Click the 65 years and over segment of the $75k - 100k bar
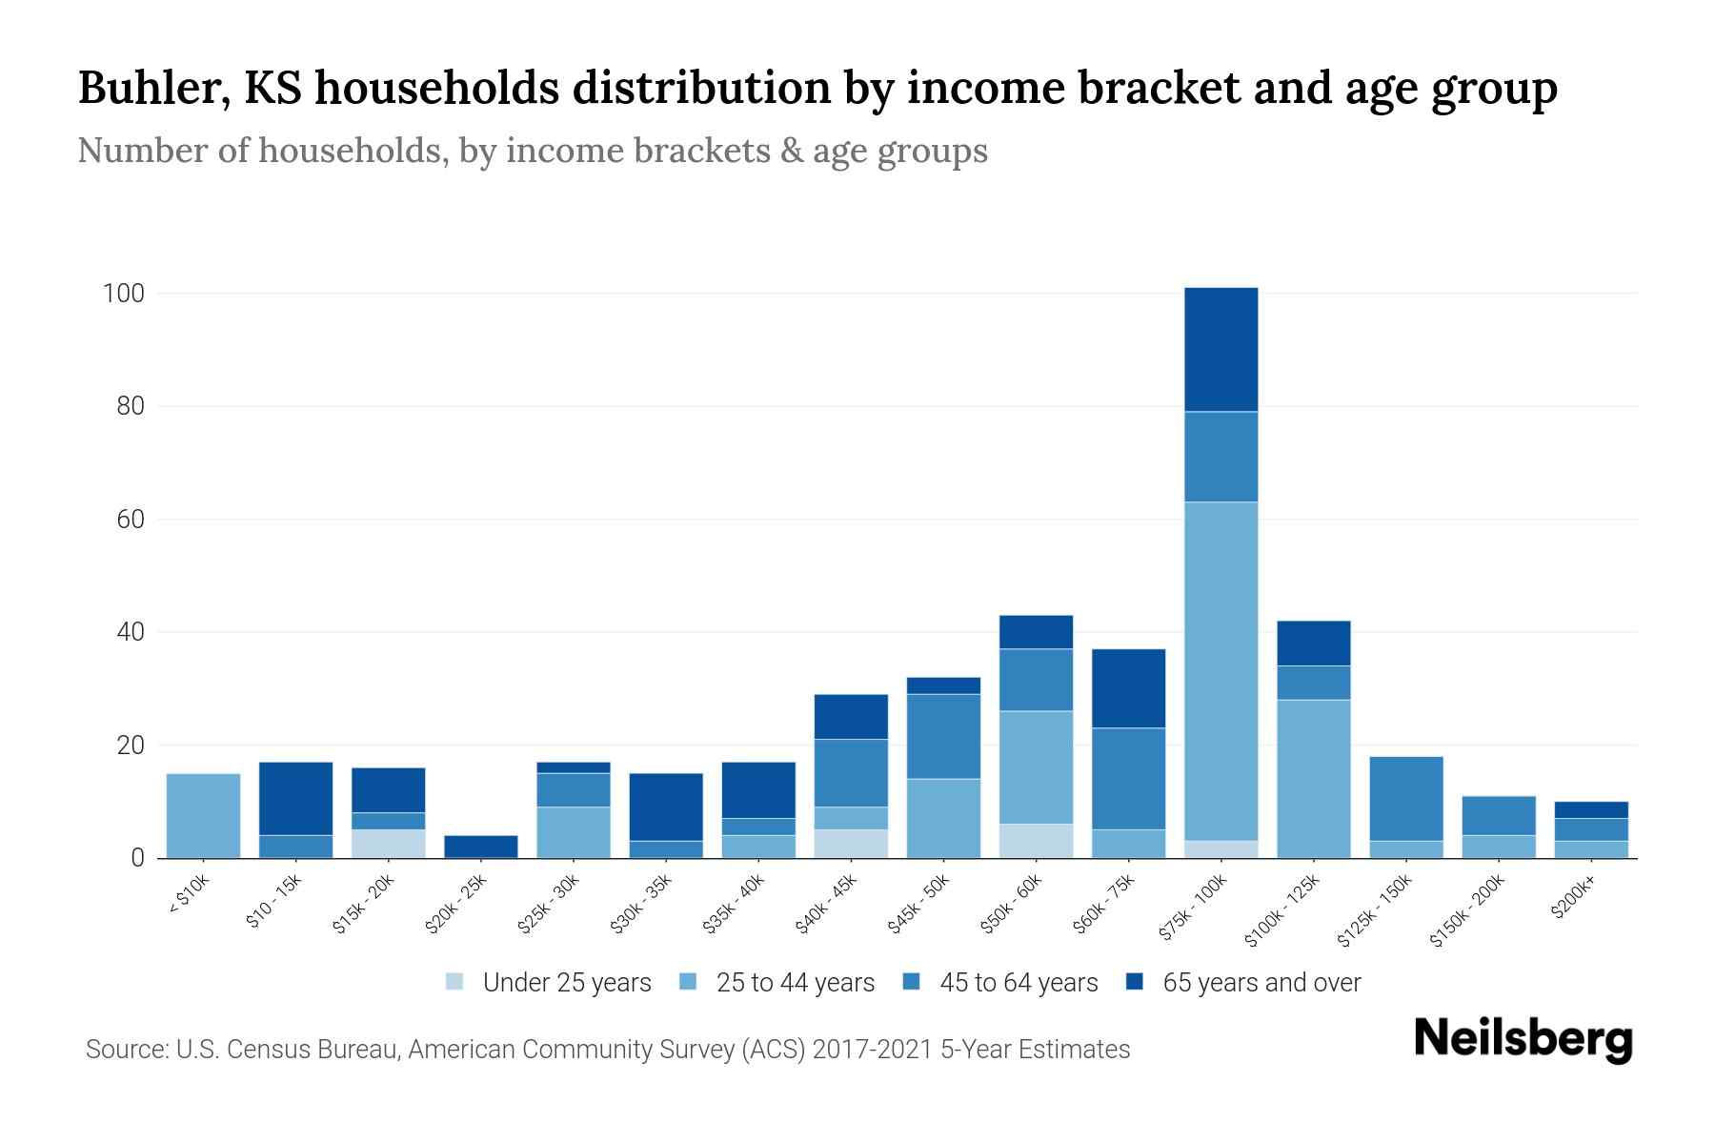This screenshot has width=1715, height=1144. click(x=1221, y=349)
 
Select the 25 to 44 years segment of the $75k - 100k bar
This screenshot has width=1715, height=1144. click(x=1221, y=671)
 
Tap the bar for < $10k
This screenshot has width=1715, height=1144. click(x=203, y=816)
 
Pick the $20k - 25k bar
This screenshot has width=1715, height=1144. click(x=481, y=847)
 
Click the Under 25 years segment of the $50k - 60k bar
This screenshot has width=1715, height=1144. click(x=1036, y=841)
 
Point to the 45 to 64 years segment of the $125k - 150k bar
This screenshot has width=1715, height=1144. click(x=1405, y=799)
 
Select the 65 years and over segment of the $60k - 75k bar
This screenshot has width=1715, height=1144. click(x=1128, y=688)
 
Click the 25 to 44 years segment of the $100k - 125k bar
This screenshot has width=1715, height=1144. click(x=1313, y=779)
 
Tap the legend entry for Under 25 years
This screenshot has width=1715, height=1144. click(x=549, y=982)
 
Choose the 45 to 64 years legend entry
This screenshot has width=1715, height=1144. click(x=999, y=982)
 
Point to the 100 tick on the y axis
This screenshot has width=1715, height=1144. click(x=123, y=294)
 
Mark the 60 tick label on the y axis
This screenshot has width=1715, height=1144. click(x=131, y=520)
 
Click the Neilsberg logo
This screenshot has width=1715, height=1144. click(x=1523, y=1039)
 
